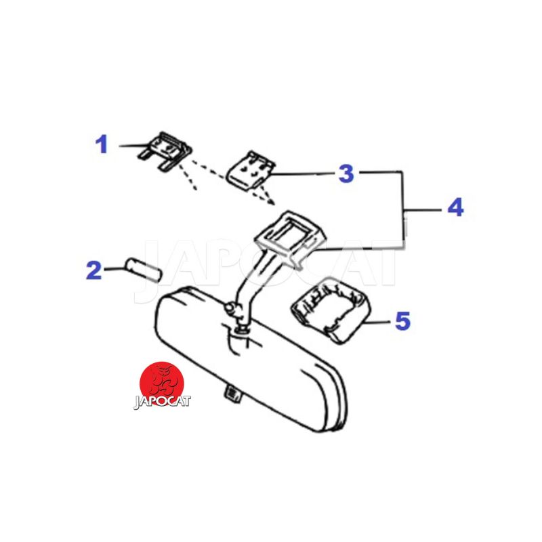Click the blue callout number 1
(x=102, y=144)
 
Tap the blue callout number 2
(x=93, y=270)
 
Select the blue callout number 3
(x=346, y=173)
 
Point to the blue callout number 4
(x=455, y=207)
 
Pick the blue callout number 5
(x=402, y=320)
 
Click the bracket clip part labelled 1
(x=165, y=150)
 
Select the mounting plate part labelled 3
(x=250, y=171)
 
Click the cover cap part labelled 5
(x=331, y=310)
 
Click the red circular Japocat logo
(x=161, y=383)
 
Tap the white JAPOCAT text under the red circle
(x=162, y=402)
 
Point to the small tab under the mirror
(x=233, y=394)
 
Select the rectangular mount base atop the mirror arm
(x=290, y=236)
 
